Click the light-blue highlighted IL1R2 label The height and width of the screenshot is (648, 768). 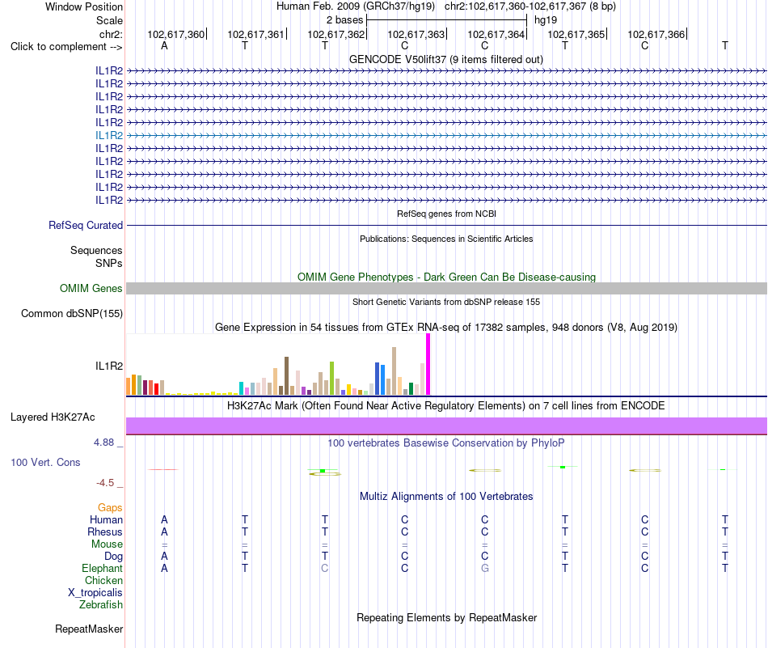109,135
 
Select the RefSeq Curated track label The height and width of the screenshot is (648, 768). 86,226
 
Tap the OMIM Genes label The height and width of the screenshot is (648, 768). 91,288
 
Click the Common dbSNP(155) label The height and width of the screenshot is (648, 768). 72,314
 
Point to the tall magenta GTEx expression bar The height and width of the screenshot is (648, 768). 428,364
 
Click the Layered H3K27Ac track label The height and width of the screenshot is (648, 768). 53,417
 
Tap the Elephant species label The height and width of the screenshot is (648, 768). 103,569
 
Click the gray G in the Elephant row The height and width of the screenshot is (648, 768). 484,569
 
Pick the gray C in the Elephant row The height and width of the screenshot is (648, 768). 324,569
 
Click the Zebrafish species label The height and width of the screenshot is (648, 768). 101,605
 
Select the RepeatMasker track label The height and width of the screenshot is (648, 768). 89,629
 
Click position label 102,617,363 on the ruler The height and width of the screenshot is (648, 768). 416,34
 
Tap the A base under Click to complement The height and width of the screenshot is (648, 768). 164,46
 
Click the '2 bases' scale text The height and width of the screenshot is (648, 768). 345,20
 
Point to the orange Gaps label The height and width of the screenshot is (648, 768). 110,508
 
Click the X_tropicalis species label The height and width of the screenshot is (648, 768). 95,593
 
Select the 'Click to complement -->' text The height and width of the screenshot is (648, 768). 66,47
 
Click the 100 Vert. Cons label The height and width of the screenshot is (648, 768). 45,462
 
